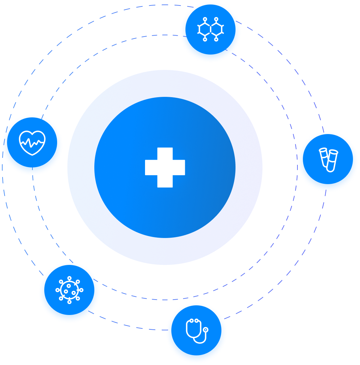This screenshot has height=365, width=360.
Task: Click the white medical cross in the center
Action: click(x=165, y=167)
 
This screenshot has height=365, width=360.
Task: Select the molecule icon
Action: click(x=210, y=30)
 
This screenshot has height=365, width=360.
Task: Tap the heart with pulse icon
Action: click(x=32, y=143)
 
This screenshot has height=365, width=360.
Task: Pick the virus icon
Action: click(x=69, y=290)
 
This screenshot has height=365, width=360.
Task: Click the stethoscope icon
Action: click(x=197, y=331)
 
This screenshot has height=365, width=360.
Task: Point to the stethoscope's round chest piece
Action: click(x=205, y=330)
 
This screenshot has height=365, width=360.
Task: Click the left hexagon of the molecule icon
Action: click(x=205, y=30)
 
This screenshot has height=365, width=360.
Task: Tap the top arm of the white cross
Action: click(x=165, y=153)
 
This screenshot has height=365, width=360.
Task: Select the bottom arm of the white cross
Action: click(x=165, y=181)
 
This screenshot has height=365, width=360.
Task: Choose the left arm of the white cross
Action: click(x=151, y=167)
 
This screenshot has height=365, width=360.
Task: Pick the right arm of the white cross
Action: click(x=179, y=167)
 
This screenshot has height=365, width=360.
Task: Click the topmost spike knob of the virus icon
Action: click(x=69, y=278)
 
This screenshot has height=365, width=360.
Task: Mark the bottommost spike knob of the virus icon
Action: click(x=69, y=302)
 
